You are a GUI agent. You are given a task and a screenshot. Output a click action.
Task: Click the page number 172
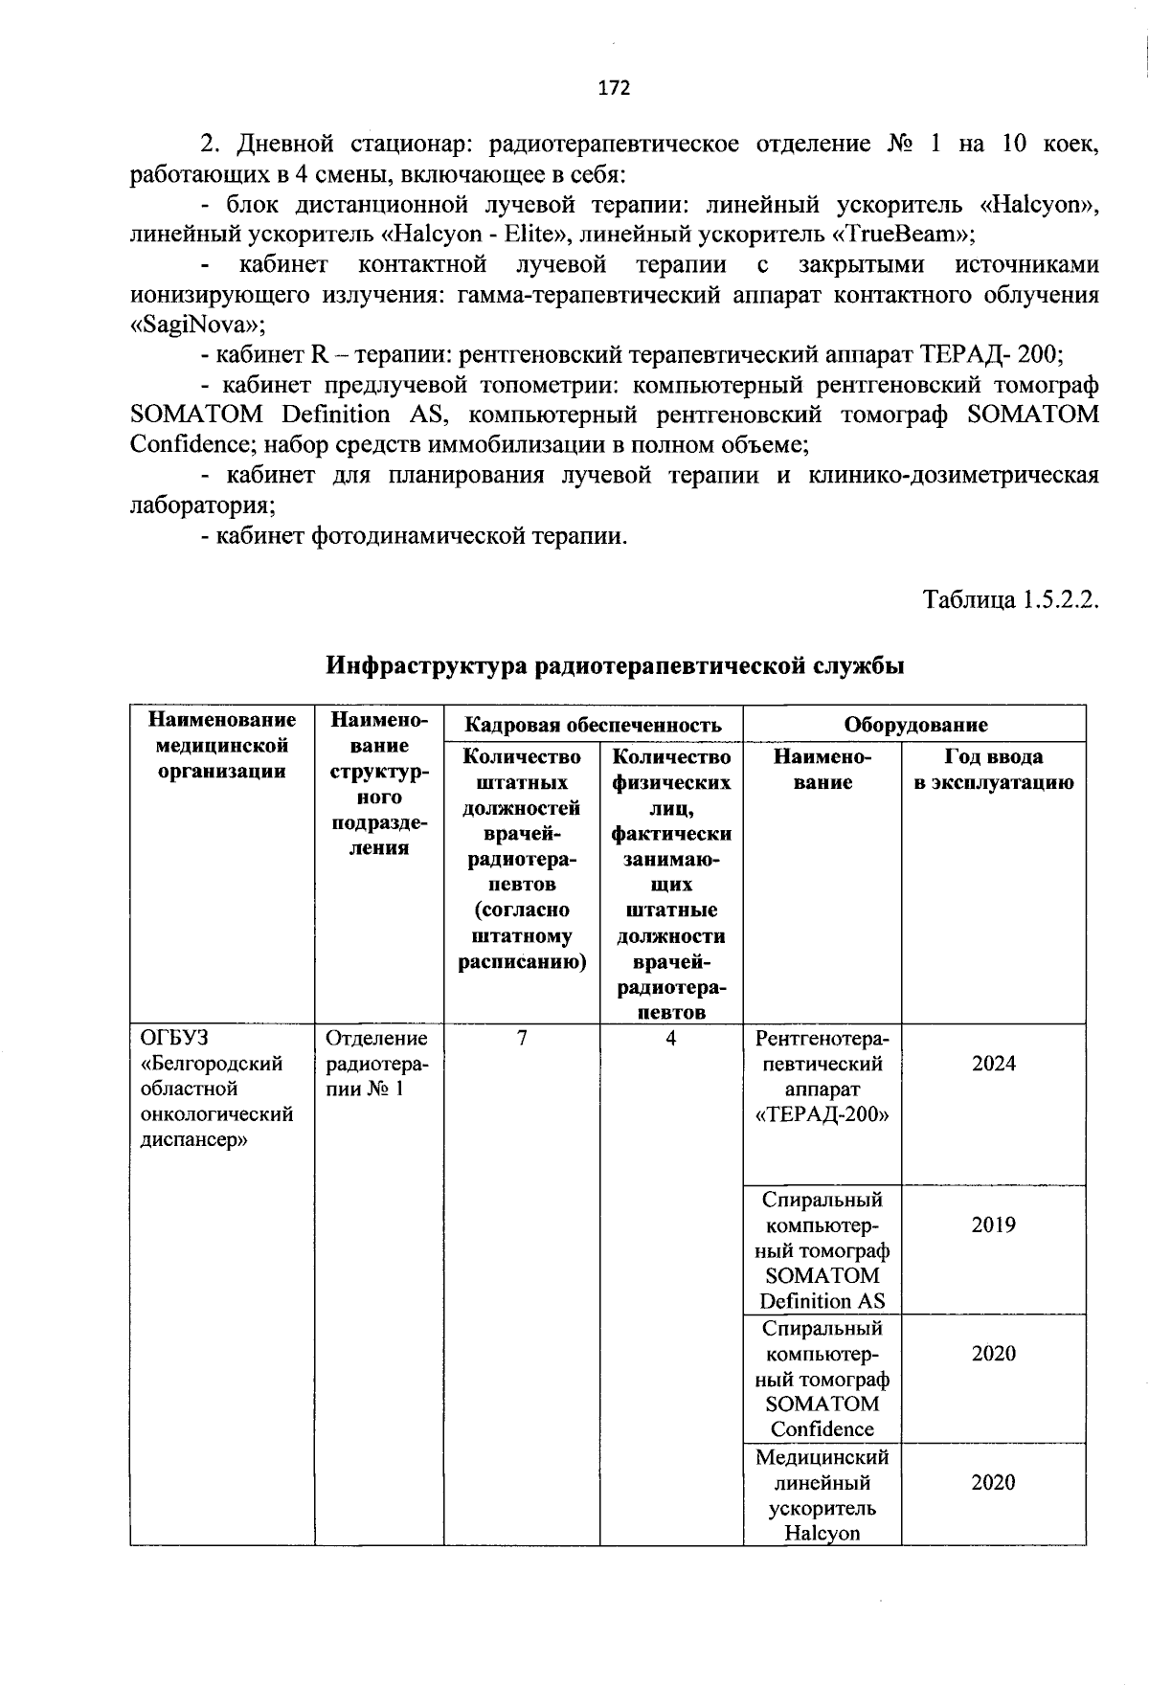tap(614, 88)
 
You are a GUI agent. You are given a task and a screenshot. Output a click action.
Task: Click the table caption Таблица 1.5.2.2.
tap(1008, 600)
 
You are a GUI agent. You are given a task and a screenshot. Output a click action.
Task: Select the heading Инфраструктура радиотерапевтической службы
tap(615, 665)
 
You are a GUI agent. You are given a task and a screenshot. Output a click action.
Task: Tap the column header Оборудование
tap(914, 725)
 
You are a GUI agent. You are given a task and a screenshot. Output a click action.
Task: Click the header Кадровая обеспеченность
tap(592, 725)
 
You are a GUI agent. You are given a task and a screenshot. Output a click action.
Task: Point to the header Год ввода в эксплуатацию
tap(993, 770)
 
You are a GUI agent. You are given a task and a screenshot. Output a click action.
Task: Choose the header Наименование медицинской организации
tap(221, 745)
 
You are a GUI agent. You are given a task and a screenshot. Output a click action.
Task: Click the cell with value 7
tap(521, 1039)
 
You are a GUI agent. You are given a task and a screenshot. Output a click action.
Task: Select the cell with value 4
tap(671, 1039)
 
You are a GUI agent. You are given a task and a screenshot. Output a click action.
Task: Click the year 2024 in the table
tap(993, 1064)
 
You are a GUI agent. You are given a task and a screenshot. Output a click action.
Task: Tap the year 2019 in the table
tap(993, 1224)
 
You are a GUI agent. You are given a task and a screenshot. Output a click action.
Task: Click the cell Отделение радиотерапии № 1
tap(377, 1064)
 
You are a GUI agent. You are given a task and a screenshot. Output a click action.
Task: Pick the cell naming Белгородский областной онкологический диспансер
tap(216, 1090)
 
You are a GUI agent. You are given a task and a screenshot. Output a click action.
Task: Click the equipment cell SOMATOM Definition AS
tap(822, 1250)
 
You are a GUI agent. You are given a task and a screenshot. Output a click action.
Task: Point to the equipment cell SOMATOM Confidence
tap(822, 1379)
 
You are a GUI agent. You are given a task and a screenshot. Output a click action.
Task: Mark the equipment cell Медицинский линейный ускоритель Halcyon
tap(822, 1495)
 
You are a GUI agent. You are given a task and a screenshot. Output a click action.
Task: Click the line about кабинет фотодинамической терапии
tap(414, 536)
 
